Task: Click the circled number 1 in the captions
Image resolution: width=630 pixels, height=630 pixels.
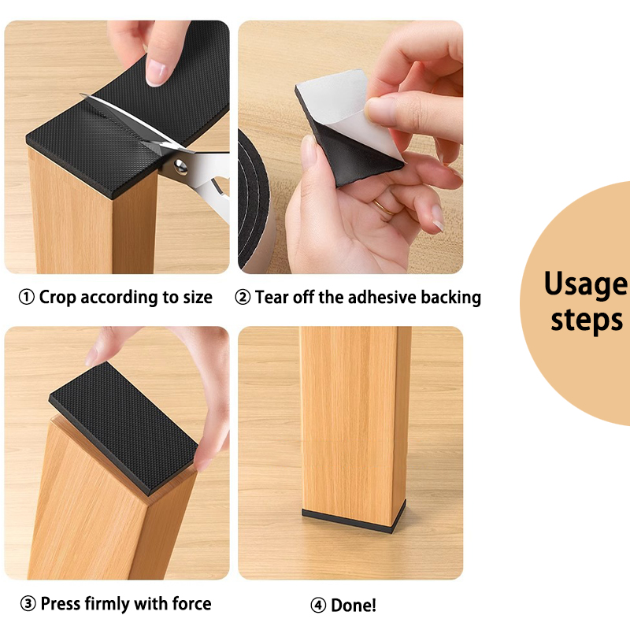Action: tap(27, 298)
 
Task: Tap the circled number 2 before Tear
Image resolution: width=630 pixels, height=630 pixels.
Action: tap(243, 298)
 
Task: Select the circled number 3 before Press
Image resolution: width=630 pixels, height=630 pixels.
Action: tap(28, 604)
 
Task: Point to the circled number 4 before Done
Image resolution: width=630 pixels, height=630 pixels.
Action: tap(318, 605)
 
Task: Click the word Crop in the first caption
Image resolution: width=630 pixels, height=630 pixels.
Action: tap(57, 298)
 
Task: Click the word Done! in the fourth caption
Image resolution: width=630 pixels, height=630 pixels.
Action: tap(354, 605)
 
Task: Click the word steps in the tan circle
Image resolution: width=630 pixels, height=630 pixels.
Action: tap(587, 321)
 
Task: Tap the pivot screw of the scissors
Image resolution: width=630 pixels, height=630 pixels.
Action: tap(180, 166)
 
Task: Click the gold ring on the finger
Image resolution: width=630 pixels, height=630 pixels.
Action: tap(383, 207)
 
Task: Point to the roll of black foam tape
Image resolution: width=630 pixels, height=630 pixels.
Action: tap(254, 201)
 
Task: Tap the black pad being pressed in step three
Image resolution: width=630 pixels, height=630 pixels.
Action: tap(124, 427)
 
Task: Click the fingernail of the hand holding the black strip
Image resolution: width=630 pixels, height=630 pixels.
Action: tap(155, 72)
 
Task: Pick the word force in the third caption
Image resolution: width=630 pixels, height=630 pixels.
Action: tap(191, 604)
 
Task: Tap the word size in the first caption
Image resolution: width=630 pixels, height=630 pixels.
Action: tap(198, 298)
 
